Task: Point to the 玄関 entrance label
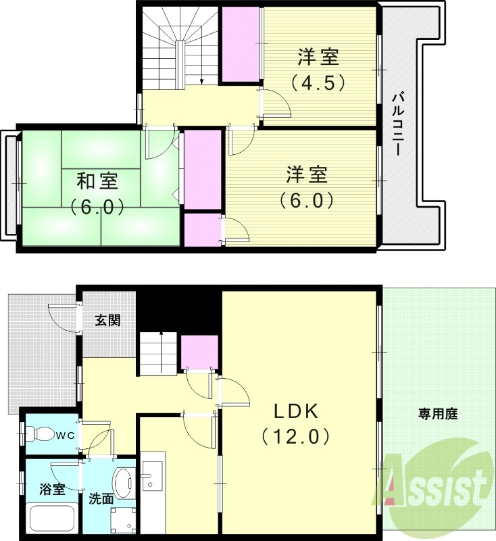coord(107,321)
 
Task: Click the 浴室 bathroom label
coord(52,489)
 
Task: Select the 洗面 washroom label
coord(101,500)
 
